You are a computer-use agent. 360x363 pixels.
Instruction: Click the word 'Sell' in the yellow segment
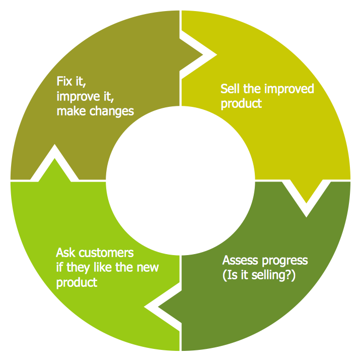pos(230,89)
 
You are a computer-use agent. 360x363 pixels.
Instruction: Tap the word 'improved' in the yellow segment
pos(290,89)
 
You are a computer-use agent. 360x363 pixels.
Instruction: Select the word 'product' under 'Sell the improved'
pos(241,104)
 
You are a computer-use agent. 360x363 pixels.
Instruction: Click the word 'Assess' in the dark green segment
pos(240,261)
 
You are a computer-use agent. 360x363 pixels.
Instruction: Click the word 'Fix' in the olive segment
pos(64,81)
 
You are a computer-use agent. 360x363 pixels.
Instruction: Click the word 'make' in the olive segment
pos(70,110)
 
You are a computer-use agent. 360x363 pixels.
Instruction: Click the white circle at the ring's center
pos(180,180)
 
